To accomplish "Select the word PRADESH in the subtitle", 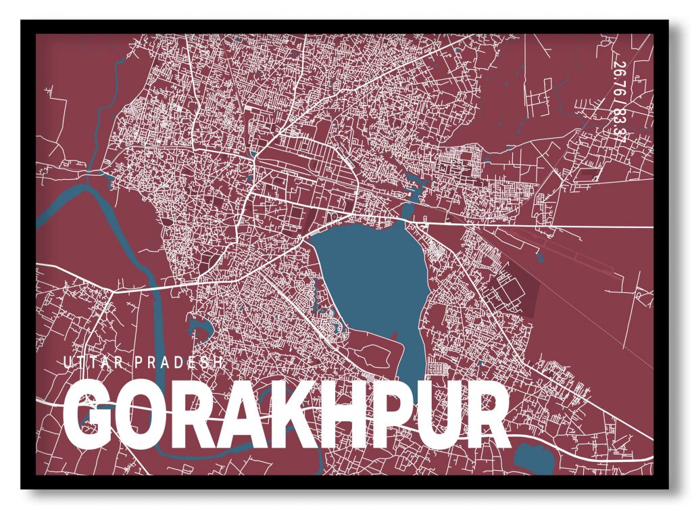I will (x=179, y=363).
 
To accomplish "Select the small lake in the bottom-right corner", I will (x=534, y=460).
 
